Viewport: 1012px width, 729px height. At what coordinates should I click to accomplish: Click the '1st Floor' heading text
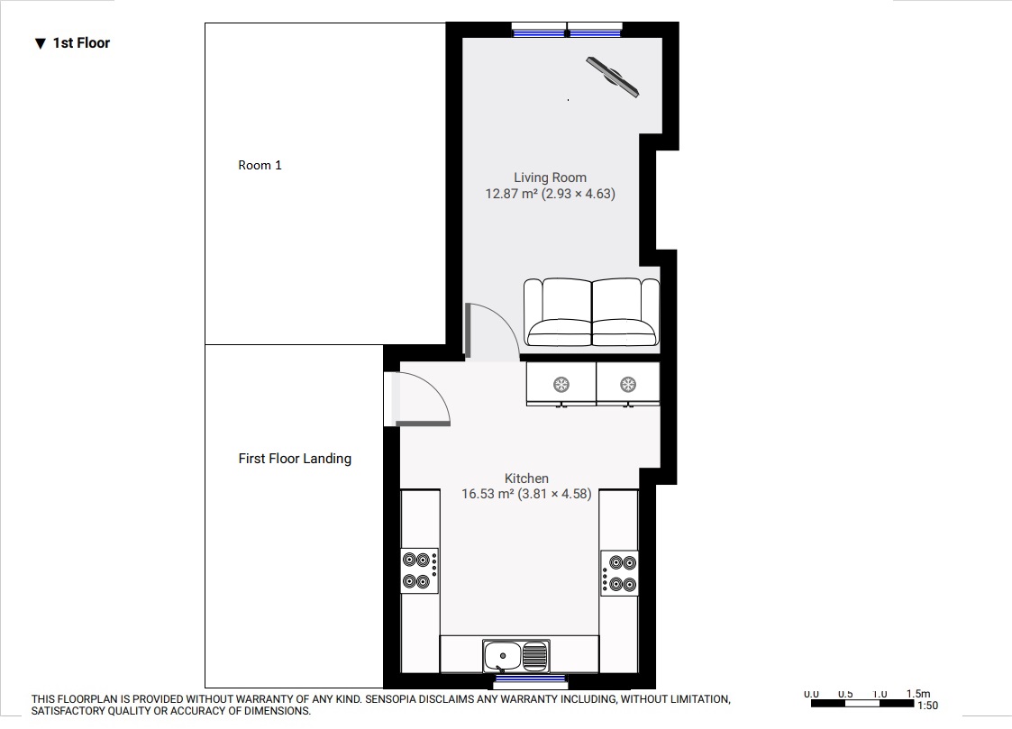pyautogui.click(x=80, y=42)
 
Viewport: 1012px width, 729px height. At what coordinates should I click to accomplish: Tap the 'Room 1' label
pyautogui.click(x=260, y=165)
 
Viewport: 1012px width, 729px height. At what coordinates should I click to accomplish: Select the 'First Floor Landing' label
pyautogui.click(x=295, y=459)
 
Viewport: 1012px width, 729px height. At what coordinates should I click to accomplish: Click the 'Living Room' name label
pyautogui.click(x=550, y=178)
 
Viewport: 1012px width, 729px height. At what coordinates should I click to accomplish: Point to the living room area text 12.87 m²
pyautogui.click(x=512, y=193)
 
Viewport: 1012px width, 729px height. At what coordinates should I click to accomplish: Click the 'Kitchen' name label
pyautogui.click(x=526, y=478)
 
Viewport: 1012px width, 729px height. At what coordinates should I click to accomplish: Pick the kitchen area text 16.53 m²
pyautogui.click(x=487, y=494)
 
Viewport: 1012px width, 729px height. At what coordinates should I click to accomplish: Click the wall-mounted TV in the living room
pyautogui.click(x=613, y=76)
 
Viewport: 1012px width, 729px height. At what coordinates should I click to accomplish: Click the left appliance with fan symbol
pyautogui.click(x=561, y=385)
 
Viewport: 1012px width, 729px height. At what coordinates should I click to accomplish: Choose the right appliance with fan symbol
pyautogui.click(x=628, y=385)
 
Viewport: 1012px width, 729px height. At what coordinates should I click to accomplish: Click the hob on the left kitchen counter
pyautogui.click(x=420, y=570)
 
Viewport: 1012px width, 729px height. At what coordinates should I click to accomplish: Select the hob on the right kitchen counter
pyautogui.click(x=619, y=572)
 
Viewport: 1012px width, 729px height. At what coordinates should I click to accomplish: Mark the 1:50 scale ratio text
pyautogui.click(x=927, y=706)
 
